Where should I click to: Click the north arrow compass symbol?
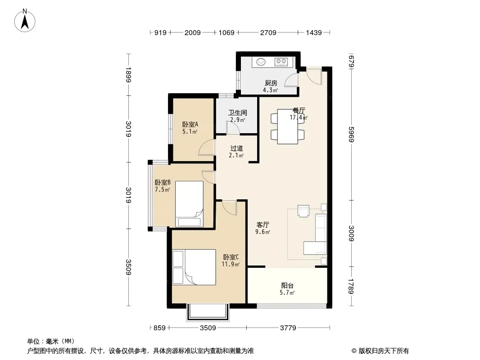point(25,21)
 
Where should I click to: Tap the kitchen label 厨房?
point(271,83)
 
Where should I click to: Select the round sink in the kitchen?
point(261,62)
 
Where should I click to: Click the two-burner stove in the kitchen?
point(281,62)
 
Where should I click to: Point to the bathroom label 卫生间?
point(238,112)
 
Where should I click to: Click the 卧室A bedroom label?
point(190,124)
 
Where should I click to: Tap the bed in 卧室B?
point(189,204)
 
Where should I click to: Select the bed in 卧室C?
point(194,267)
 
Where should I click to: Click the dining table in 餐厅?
point(287,126)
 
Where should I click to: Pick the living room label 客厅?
point(263,225)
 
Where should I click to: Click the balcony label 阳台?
point(287,285)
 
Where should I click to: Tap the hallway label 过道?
point(237,148)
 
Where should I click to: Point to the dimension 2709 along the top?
point(268,32)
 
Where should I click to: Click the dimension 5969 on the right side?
point(351,134)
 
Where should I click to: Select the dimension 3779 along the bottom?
point(288,328)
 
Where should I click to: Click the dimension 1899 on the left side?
point(128,75)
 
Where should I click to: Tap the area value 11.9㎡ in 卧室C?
point(231,264)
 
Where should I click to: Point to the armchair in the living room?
point(303,211)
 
